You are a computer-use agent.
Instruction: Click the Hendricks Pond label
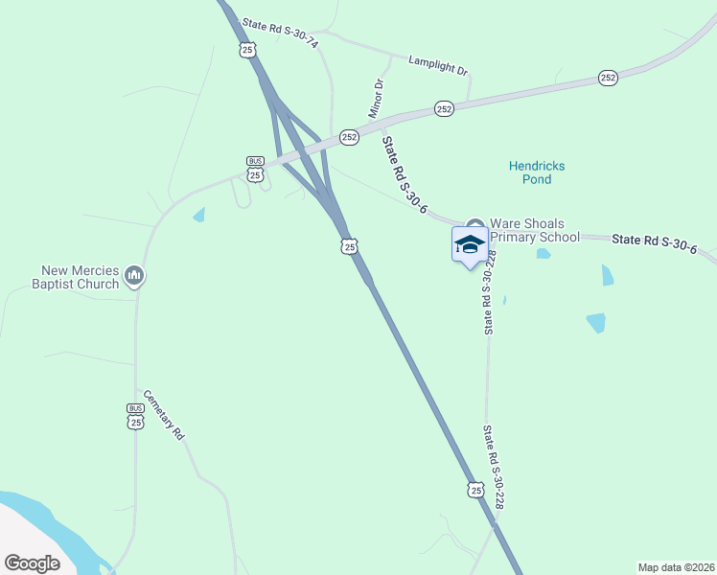click(536, 172)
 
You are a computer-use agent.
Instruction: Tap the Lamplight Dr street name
click(437, 63)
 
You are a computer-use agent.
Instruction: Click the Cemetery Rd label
click(163, 414)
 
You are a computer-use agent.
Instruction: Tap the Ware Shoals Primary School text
click(535, 230)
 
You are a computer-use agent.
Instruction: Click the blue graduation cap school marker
click(470, 244)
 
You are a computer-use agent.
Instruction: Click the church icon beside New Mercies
click(134, 277)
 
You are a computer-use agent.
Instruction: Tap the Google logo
click(32, 563)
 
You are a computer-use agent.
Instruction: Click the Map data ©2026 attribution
click(675, 567)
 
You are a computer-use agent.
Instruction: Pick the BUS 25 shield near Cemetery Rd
click(135, 416)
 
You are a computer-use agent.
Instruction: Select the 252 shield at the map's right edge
click(608, 78)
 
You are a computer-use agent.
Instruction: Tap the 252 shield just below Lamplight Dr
click(443, 109)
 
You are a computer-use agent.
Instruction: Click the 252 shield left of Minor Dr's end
click(349, 137)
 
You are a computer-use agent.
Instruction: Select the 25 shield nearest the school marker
click(350, 246)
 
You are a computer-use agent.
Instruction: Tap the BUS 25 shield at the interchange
click(255, 169)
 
